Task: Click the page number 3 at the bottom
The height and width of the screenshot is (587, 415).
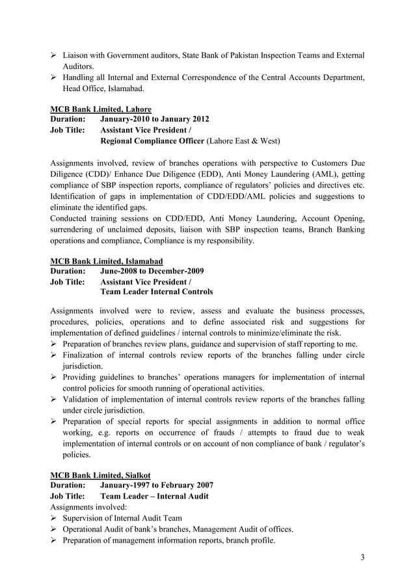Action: pos(362,557)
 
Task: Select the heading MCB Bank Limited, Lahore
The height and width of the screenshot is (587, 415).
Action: pos(101,109)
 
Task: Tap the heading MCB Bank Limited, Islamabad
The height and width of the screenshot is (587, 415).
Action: pos(107,260)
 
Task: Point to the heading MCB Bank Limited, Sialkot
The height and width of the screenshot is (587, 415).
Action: pos(100,474)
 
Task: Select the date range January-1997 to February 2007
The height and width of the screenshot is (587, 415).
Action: pos(157,485)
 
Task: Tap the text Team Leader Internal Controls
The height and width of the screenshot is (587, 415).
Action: pos(156,292)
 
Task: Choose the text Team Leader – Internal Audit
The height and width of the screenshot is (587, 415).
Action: pos(155,496)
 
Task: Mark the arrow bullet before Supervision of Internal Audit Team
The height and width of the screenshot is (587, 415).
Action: pos(55,518)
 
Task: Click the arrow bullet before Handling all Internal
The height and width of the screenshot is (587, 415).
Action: pos(55,78)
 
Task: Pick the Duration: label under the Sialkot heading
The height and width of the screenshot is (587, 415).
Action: pos(68,485)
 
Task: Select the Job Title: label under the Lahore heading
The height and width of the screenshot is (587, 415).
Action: pos(70,130)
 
